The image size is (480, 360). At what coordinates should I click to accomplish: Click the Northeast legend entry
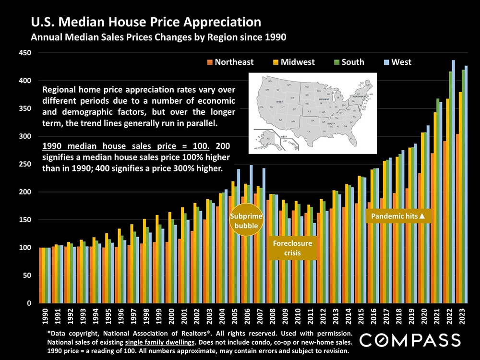point(230,62)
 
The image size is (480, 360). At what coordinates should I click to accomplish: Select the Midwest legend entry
point(294,62)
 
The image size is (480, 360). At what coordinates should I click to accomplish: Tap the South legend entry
point(349,62)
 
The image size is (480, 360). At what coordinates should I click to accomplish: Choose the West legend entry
point(397,62)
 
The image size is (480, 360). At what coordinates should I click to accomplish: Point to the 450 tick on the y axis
point(25,53)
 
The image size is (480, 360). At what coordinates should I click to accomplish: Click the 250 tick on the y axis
point(25,164)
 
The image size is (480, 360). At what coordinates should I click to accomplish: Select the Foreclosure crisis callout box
point(292,248)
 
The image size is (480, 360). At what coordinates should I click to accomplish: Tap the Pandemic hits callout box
point(399,216)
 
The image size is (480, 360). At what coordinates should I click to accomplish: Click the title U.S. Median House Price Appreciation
point(146,22)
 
